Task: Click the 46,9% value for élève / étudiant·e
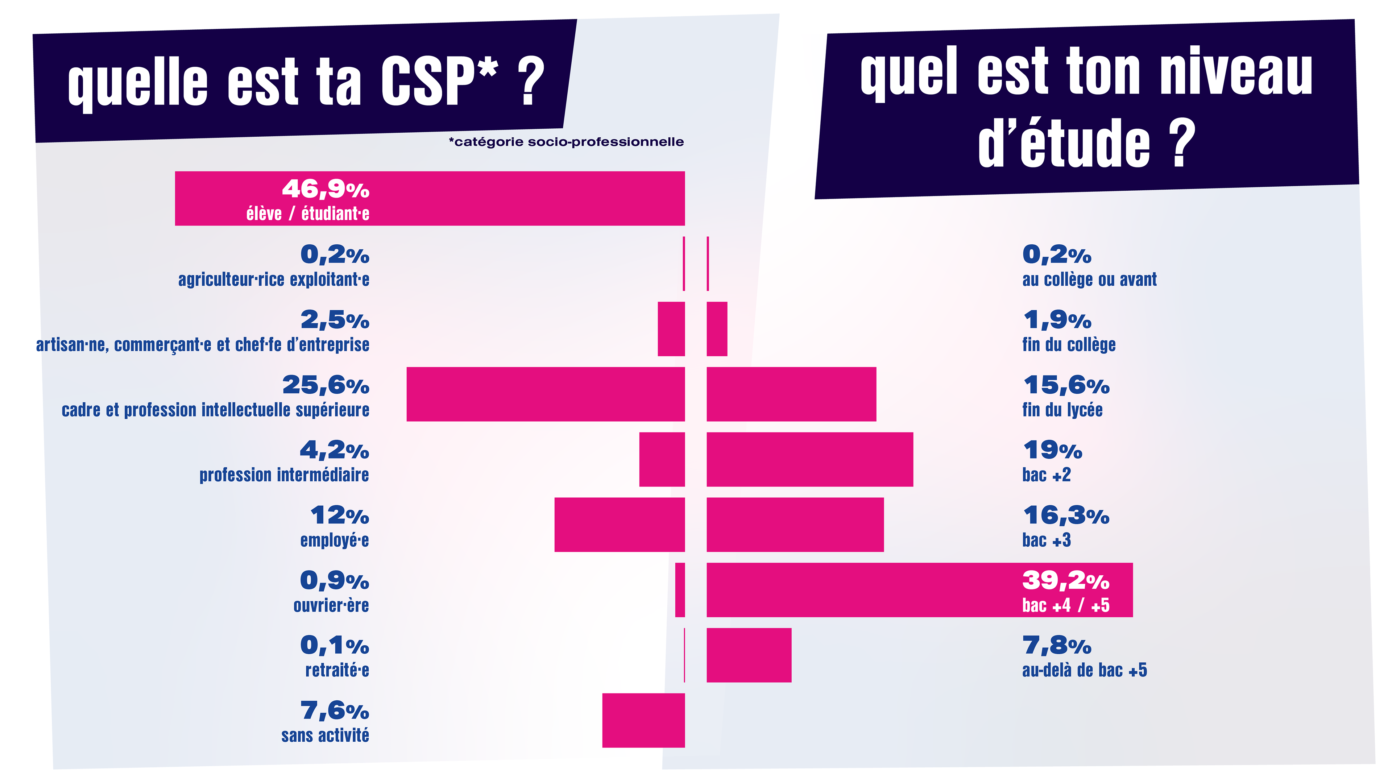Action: (x=325, y=189)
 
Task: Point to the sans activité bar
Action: (x=643, y=720)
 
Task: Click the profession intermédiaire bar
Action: (x=662, y=459)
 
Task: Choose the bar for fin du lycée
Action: (x=791, y=394)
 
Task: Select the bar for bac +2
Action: (x=809, y=459)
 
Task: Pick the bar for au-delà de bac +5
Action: (x=749, y=655)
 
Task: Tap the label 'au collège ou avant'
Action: (x=1089, y=279)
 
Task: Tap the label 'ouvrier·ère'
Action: (x=331, y=605)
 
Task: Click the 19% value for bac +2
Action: (x=1052, y=450)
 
